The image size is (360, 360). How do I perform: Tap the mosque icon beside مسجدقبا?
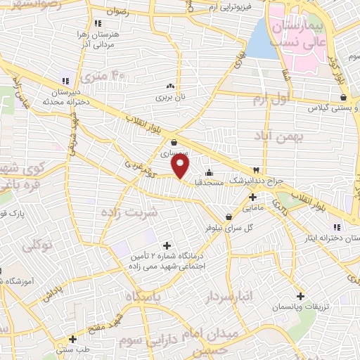click(208, 173)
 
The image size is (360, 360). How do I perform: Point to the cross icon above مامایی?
click(252, 197)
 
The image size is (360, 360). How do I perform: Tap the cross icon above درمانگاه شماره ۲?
click(166, 245)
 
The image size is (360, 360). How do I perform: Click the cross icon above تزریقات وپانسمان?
click(301, 296)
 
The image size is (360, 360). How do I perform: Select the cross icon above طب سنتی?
click(73, 339)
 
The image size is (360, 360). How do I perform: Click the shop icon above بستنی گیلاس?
click(343, 98)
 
